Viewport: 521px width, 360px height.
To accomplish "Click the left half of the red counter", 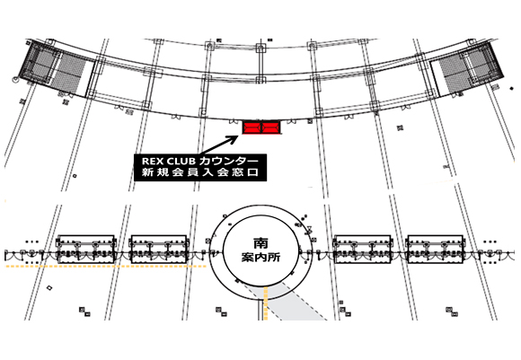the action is coord(252,127).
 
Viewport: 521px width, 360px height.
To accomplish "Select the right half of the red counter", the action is coord(271,127).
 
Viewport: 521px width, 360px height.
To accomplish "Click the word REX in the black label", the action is coord(152,161).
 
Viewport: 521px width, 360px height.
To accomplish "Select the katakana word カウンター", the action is coord(228,161).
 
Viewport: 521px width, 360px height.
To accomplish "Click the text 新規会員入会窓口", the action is coord(200,172).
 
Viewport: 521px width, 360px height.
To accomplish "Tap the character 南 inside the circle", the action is coord(260,243).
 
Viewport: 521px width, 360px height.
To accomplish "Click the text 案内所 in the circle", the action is coord(260,258).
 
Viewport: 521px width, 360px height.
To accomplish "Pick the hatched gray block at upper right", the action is coord(467,70).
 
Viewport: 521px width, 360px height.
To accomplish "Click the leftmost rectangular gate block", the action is coord(86,250).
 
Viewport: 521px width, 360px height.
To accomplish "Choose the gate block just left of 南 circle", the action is coord(159,250).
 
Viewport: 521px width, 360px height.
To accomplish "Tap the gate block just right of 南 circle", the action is coord(363,250).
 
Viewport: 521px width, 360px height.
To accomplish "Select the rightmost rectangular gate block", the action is coord(436,250).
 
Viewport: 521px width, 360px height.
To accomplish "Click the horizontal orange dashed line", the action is coord(106,267).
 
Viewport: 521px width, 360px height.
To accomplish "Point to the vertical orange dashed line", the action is coord(266,303).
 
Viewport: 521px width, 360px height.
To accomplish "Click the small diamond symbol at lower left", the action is coord(49,288).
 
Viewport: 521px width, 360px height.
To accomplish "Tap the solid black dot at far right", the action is coord(512,88).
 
